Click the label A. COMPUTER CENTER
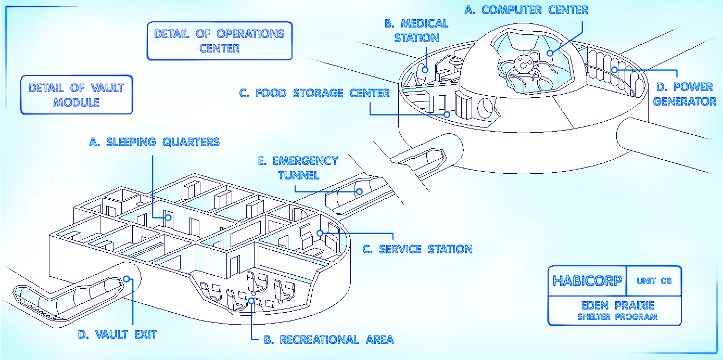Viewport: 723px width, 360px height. click(526, 10)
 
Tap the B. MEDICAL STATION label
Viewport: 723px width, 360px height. click(416, 30)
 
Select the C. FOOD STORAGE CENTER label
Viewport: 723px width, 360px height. click(314, 93)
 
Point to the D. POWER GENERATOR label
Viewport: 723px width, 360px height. click(684, 94)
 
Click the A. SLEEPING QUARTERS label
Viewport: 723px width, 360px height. click(154, 142)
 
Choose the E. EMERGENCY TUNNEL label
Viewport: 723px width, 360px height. click(298, 168)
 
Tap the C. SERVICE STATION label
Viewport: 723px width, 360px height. click(417, 249)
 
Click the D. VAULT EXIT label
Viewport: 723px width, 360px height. click(117, 334)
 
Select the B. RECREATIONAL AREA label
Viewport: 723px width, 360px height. click(328, 340)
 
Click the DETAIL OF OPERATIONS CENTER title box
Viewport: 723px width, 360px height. click(219, 41)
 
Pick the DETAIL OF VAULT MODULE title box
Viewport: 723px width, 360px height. click(76, 95)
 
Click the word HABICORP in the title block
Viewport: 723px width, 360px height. click(587, 281)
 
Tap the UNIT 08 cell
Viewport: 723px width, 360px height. click(654, 281)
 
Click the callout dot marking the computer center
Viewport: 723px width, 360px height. click(551, 53)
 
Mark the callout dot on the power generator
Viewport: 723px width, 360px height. click(614, 69)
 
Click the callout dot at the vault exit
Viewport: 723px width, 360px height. click(128, 279)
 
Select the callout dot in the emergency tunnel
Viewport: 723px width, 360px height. click(359, 191)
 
